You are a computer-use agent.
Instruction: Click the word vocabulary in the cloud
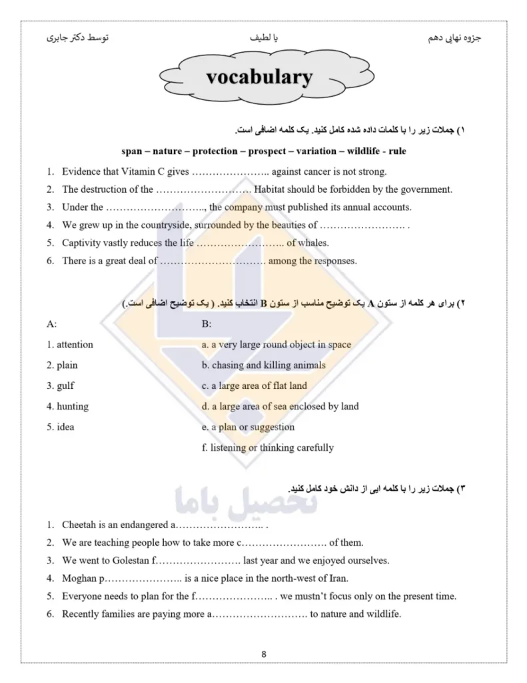pos(259,77)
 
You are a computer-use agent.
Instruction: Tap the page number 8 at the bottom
pos(264,654)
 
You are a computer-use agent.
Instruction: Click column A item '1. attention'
pos(70,345)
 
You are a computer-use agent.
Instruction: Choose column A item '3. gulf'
pos(61,386)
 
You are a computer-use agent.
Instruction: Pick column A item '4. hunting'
pos(67,406)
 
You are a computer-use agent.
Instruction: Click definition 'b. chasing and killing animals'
pos(263,366)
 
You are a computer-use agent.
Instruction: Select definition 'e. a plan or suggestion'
pos(248,427)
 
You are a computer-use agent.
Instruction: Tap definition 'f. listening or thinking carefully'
pos(267,448)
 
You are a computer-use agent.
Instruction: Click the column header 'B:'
pos(206,325)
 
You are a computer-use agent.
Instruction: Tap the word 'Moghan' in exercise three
pos(79,578)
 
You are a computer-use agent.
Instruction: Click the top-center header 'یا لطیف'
pos(263,39)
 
